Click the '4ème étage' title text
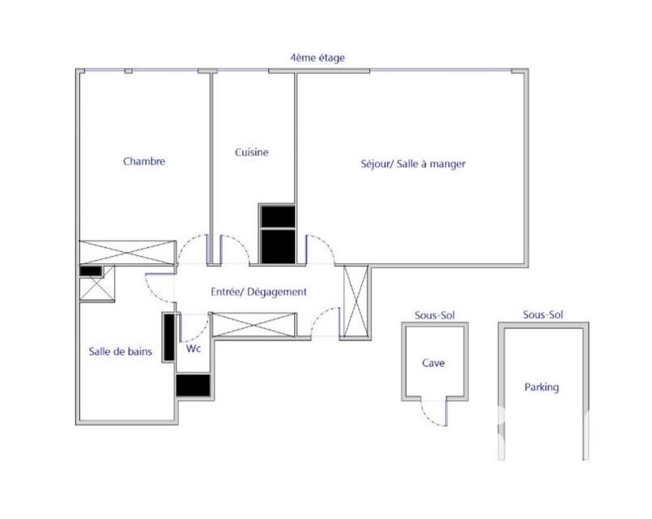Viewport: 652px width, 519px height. pyautogui.click(x=318, y=59)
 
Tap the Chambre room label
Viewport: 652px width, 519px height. pyautogui.click(x=144, y=161)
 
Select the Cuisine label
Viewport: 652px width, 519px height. pyautogui.click(x=252, y=152)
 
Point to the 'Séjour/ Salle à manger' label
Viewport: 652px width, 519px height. pyautogui.click(x=413, y=164)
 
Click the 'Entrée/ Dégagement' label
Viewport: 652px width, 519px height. pyautogui.click(x=258, y=292)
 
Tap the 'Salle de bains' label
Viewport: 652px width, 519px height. pyautogui.click(x=120, y=352)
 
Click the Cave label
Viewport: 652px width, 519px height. pyautogui.click(x=434, y=363)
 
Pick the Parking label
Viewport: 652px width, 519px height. pyautogui.click(x=542, y=388)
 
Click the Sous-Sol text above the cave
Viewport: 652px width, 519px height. pyautogui.click(x=434, y=314)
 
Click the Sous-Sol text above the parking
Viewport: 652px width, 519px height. pyautogui.click(x=543, y=314)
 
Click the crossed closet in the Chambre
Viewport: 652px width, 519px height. pyautogui.click(x=128, y=253)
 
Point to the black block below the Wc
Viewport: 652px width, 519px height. pyautogui.click(x=194, y=385)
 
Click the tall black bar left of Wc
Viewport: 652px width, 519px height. pyautogui.click(x=170, y=336)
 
